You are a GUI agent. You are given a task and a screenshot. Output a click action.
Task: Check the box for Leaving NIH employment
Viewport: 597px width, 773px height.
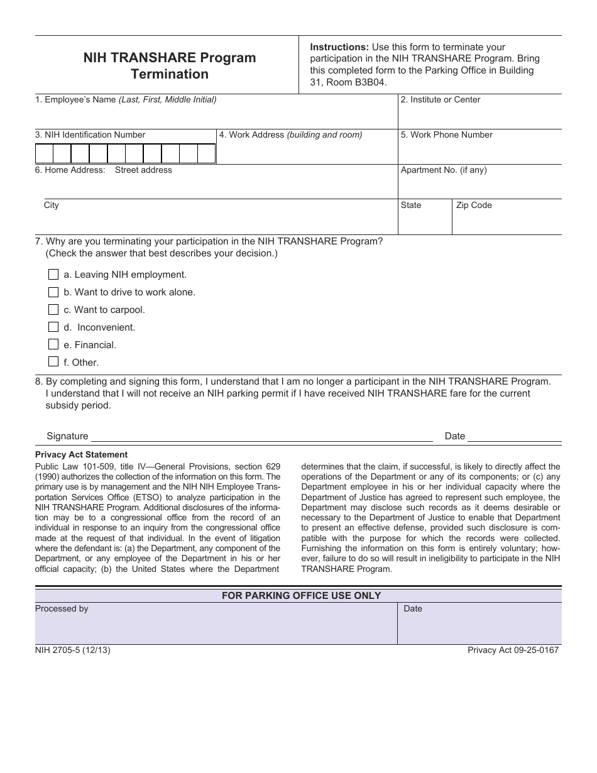click(x=53, y=275)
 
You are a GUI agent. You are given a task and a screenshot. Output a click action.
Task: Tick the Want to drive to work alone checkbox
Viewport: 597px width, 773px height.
click(x=53, y=292)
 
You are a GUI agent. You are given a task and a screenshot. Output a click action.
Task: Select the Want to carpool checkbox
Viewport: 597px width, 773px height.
click(x=53, y=310)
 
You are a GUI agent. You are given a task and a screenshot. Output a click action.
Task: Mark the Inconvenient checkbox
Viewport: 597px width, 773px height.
click(x=53, y=327)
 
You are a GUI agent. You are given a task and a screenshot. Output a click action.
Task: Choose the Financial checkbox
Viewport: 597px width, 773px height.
click(x=53, y=345)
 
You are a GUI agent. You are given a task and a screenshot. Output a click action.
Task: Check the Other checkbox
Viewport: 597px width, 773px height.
click(x=53, y=362)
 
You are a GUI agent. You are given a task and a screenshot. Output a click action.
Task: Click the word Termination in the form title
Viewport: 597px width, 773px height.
click(x=170, y=74)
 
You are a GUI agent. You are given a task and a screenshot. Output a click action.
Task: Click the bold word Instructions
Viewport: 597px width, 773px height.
click(x=339, y=47)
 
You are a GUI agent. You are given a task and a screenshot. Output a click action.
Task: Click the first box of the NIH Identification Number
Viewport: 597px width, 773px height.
click(x=44, y=154)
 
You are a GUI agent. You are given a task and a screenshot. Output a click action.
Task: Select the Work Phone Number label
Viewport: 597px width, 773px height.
click(x=447, y=135)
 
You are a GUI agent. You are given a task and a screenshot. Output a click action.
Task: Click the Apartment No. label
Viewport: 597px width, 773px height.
click(x=444, y=170)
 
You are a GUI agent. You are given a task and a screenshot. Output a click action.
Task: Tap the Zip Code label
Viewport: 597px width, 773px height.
click(x=474, y=206)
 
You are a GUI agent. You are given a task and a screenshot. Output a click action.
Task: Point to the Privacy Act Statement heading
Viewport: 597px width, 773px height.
click(x=81, y=455)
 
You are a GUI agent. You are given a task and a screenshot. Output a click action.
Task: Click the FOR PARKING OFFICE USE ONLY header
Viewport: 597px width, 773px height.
click(x=301, y=596)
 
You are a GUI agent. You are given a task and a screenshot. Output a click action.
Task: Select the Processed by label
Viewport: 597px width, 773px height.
click(x=62, y=609)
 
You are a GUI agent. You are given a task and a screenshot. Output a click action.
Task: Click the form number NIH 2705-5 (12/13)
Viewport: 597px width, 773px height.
click(x=72, y=650)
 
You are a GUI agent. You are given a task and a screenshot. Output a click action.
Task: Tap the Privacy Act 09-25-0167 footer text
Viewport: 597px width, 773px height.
click(x=513, y=650)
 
